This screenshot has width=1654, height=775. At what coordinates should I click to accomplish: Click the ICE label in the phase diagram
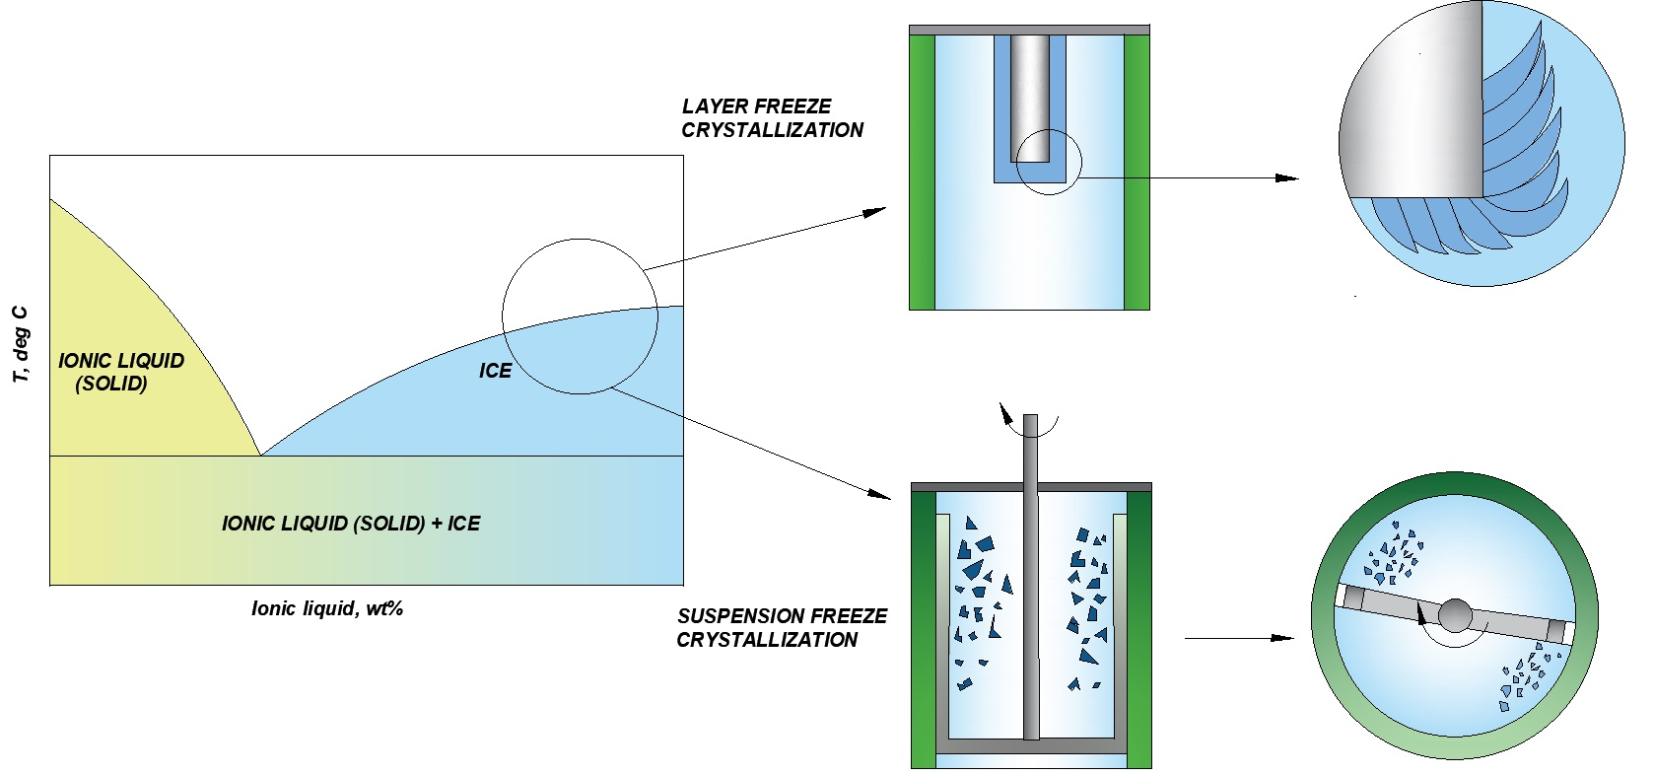(495, 371)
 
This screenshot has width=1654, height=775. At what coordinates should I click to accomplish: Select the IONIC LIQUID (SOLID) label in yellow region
(120, 372)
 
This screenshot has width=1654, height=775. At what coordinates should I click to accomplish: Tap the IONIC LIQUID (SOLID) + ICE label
(350, 524)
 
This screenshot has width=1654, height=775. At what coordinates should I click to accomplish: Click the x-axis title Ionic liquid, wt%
(326, 608)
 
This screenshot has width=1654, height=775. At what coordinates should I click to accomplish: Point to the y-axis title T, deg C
(21, 344)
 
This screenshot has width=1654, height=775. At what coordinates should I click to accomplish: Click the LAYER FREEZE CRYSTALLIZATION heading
(771, 118)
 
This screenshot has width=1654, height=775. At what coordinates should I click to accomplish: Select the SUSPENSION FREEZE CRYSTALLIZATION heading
(781, 628)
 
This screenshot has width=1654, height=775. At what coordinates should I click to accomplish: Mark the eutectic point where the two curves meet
(260, 455)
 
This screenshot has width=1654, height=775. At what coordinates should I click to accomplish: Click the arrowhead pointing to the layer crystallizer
(875, 211)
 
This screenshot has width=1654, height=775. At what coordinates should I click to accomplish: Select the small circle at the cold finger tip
(1049, 162)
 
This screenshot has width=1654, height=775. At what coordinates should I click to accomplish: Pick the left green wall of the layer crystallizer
(922, 173)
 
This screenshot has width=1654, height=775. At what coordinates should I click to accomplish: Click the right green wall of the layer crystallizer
(1137, 173)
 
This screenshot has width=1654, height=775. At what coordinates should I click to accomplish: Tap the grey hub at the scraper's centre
(1455, 615)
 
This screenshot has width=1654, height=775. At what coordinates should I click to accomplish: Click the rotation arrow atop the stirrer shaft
(1006, 413)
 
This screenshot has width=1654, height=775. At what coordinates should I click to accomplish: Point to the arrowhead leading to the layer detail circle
(1287, 178)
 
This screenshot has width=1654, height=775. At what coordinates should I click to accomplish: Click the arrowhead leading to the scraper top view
(1282, 638)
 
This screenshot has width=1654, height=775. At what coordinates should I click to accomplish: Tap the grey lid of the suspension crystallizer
(1030, 487)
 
